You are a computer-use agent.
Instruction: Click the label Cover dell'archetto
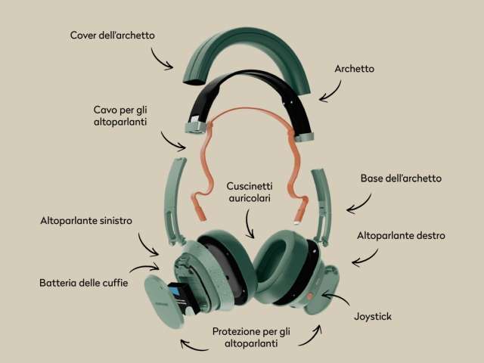pyautogui.click(x=113, y=36)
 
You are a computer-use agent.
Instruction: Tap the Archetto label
pyautogui.click(x=355, y=69)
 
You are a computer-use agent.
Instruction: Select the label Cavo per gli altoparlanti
pyautogui.click(x=120, y=116)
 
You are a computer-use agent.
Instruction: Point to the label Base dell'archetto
pyautogui.click(x=401, y=178)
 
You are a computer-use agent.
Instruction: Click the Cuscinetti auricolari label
pyautogui.click(x=250, y=192)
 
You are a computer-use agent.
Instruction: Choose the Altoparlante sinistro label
pyautogui.click(x=86, y=220)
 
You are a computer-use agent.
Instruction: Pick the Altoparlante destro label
pyautogui.click(x=401, y=235)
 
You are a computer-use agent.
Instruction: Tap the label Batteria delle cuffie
pyautogui.click(x=84, y=283)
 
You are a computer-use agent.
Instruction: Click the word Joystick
pyautogui.click(x=373, y=316)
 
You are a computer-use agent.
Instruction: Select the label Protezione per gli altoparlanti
pyautogui.click(x=251, y=337)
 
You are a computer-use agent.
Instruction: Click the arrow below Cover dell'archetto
pyautogui.click(x=160, y=59)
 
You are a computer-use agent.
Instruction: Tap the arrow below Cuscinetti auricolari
pyautogui.click(x=249, y=224)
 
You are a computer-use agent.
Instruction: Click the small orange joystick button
pyautogui.click(x=310, y=296)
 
